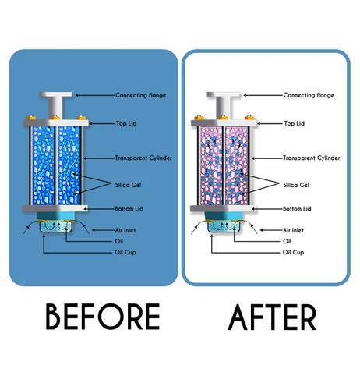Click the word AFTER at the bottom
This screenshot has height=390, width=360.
tap(273, 318)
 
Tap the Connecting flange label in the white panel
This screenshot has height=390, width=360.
tap(308, 95)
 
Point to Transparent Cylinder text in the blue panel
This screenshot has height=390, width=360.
tap(144, 158)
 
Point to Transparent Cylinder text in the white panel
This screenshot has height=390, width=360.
tap(311, 158)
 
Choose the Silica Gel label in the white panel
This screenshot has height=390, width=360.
tap(297, 185)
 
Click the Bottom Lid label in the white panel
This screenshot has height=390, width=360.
tap(297, 209)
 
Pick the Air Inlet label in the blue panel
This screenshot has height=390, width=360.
tap(126, 230)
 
